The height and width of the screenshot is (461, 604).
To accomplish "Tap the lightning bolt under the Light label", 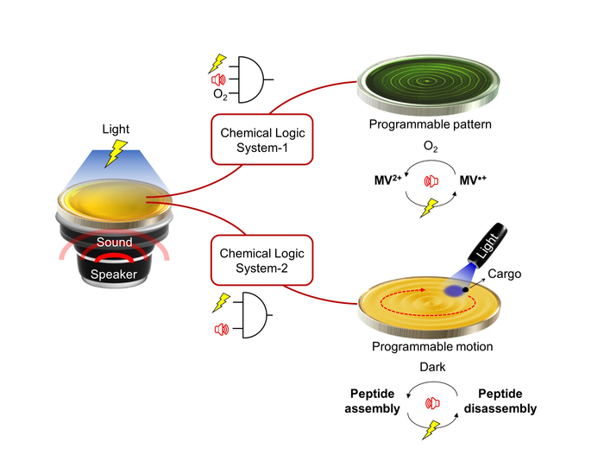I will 115,153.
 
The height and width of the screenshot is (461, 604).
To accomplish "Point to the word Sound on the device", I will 115,243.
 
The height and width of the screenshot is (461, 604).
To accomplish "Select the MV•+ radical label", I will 473,182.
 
